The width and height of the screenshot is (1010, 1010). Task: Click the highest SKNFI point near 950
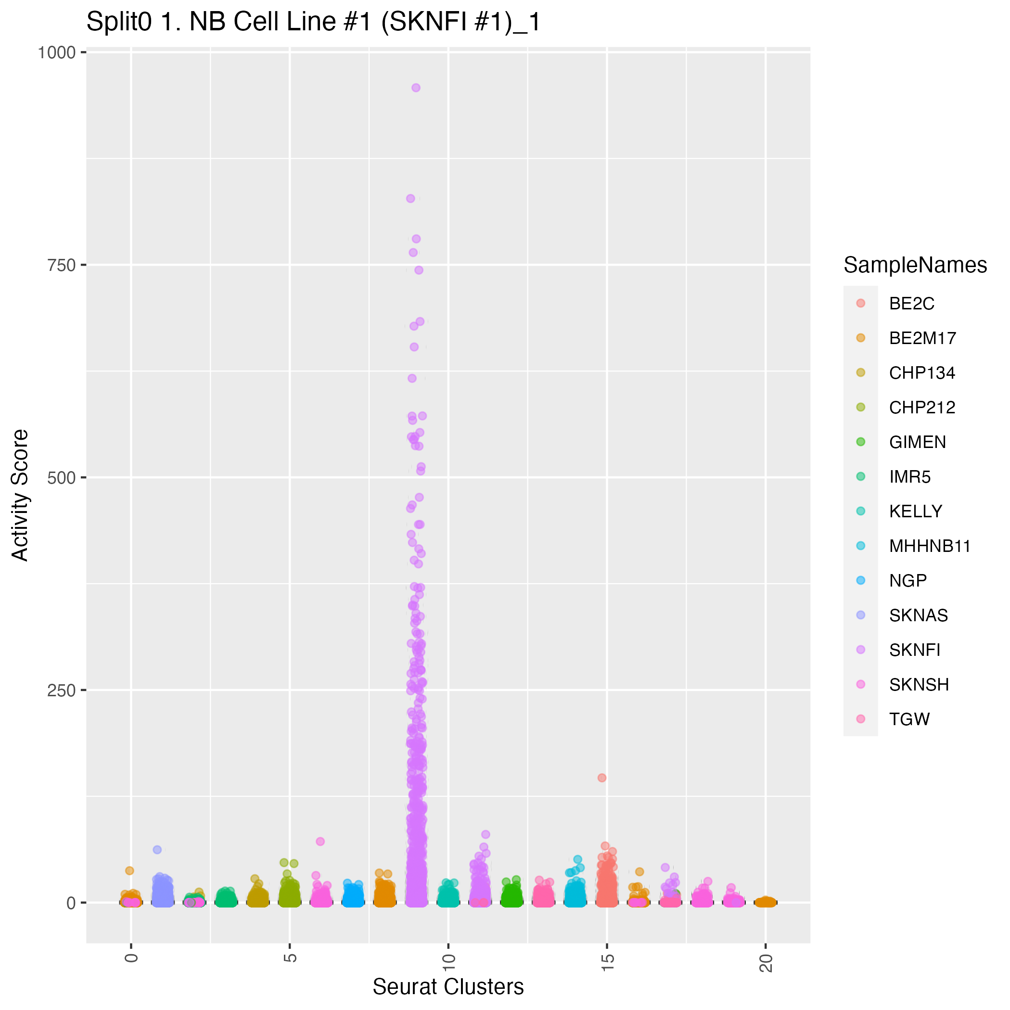click(416, 88)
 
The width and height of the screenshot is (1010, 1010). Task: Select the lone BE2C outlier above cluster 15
click(601, 778)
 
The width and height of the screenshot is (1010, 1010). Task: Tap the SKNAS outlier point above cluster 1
click(157, 849)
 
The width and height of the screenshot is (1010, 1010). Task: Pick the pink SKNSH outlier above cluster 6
click(320, 841)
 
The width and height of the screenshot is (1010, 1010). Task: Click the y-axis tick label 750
click(62, 265)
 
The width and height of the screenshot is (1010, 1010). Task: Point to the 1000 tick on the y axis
click(56, 52)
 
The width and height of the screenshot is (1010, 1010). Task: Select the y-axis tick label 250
click(62, 690)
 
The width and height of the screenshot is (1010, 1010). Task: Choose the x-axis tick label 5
click(291, 958)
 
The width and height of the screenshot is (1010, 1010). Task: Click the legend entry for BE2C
click(911, 304)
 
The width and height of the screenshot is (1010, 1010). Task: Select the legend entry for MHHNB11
click(930, 546)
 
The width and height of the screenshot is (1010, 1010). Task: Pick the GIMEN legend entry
click(917, 442)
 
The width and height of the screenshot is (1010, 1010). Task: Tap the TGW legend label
click(909, 719)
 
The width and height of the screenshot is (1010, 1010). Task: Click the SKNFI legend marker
click(860, 650)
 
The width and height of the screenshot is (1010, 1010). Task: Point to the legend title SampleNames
click(915, 266)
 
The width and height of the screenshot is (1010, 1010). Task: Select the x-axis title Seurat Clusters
click(448, 987)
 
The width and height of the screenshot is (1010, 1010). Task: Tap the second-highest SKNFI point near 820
click(410, 199)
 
